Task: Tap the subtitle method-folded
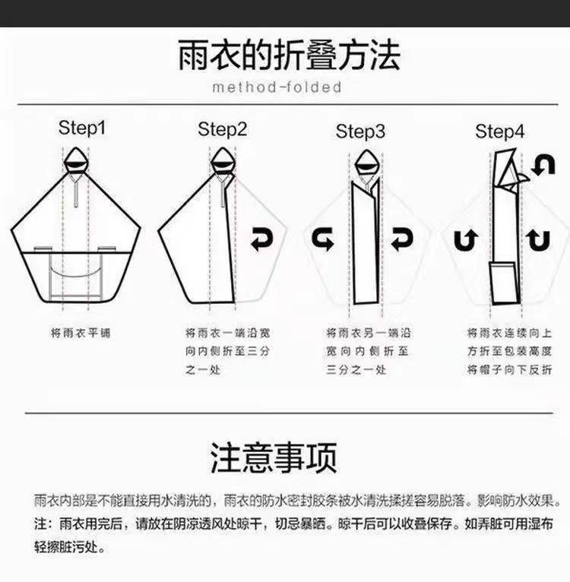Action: [277, 87]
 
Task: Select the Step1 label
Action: [82, 128]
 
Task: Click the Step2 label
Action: [222, 129]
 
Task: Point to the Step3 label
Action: [360, 131]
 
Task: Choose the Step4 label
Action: [499, 131]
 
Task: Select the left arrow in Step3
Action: [323, 241]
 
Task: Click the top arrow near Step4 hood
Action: [543, 165]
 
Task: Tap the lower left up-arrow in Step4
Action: [463, 241]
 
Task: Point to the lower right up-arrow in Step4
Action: [539, 241]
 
